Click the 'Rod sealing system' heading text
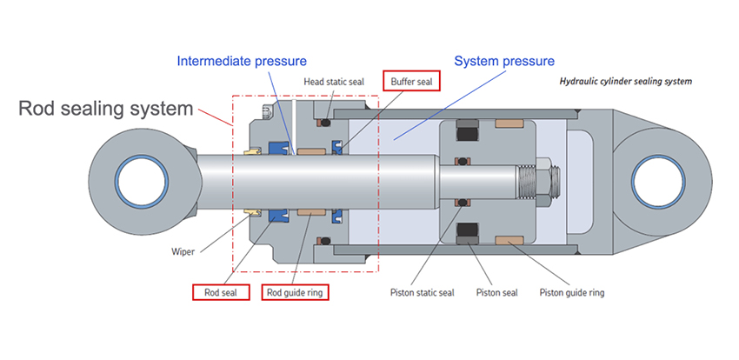click(106, 109)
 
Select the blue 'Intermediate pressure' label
click(241, 61)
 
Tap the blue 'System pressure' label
click(503, 62)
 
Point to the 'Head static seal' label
click(333, 82)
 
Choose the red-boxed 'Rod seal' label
click(221, 292)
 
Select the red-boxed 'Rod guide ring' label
click(295, 292)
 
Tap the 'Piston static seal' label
click(422, 292)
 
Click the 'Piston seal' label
click(496, 292)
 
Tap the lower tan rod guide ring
click(310, 212)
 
